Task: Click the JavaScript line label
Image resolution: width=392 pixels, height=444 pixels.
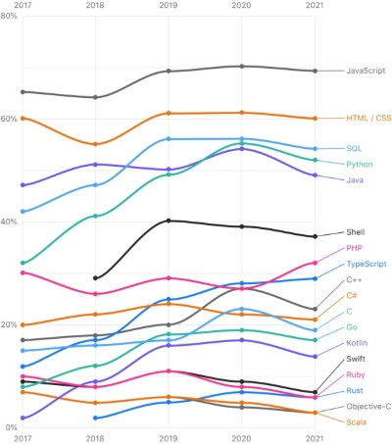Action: pos(366,71)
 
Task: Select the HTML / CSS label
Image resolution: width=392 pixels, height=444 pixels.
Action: pos(367,118)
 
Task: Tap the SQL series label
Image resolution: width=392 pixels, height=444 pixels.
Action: pos(355,148)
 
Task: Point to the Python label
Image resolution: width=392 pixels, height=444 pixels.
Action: pos(359,164)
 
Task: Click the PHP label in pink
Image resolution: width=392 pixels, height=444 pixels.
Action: pos(355,248)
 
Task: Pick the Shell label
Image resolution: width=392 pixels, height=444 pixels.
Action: pos(356,232)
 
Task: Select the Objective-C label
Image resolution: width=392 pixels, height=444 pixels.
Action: pos(368,406)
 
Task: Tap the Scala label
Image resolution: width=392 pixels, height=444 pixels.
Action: pos(357,421)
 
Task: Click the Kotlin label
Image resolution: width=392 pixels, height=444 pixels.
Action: pos(357,343)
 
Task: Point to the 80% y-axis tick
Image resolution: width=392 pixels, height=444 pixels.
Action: pos(9,17)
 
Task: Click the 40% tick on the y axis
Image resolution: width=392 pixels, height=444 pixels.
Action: pos(9,222)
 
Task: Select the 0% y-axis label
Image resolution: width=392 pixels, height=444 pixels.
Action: pos(7,427)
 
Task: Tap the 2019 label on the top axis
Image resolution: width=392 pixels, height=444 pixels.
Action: pos(168,5)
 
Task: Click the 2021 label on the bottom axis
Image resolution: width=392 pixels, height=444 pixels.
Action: pos(315,438)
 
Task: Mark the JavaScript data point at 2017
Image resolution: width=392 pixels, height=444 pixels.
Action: pos(22,91)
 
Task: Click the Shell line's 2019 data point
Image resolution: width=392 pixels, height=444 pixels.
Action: pos(169,221)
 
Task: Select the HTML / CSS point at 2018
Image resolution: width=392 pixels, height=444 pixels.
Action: pos(95,144)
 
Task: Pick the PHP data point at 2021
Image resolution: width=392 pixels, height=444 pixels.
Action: pos(315,263)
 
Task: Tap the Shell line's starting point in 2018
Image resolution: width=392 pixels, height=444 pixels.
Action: pos(95,277)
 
